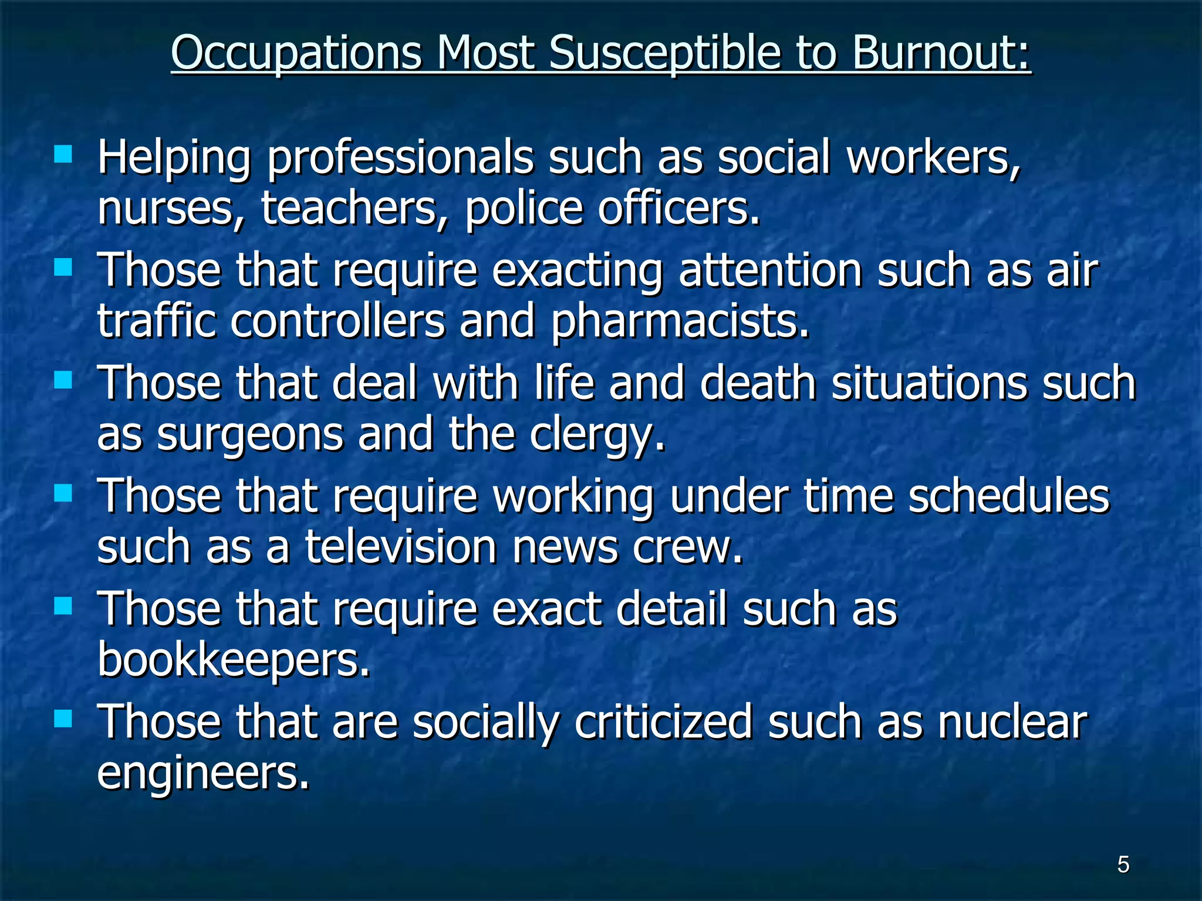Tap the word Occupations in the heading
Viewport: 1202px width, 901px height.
(296, 54)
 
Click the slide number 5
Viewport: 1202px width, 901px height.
(1123, 865)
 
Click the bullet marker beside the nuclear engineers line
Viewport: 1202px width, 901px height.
(63, 719)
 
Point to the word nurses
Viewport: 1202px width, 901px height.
(165, 209)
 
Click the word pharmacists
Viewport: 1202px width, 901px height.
(680, 322)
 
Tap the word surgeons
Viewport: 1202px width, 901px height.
(250, 435)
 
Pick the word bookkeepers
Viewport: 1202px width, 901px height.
(234, 659)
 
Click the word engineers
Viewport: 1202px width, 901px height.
(202, 773)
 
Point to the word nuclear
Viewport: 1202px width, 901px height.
(1012, 722)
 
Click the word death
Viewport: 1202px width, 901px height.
(758, 384)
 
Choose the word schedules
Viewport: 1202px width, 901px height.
(1009, 496)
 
